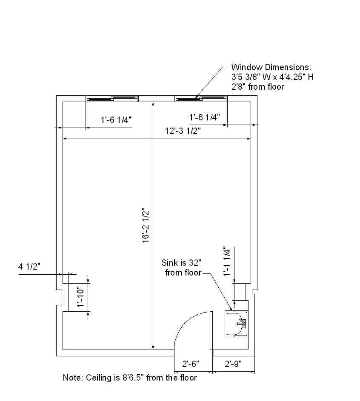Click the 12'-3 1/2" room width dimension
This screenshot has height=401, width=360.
coord(183,131)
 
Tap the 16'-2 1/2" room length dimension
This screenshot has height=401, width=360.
coord(146,225)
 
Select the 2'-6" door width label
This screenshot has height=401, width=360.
coord(191,364)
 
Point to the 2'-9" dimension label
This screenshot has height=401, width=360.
coord(233,364)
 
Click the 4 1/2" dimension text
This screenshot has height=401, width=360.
coord(29,267)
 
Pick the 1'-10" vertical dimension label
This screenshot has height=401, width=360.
coord(80,297)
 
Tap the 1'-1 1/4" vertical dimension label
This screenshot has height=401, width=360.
coord(227,261)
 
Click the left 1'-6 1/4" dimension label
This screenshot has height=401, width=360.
coord(116,119)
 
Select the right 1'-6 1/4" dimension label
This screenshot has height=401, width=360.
coord(204,117)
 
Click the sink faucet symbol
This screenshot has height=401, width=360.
coord(242,324)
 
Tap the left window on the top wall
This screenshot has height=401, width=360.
coord(112,99)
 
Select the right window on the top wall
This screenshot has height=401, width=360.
coord(201,99)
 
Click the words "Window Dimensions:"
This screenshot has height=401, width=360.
coord(271,67)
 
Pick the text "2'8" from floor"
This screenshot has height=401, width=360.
coord(257,87)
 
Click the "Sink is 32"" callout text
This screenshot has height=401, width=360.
coord(181,263)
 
